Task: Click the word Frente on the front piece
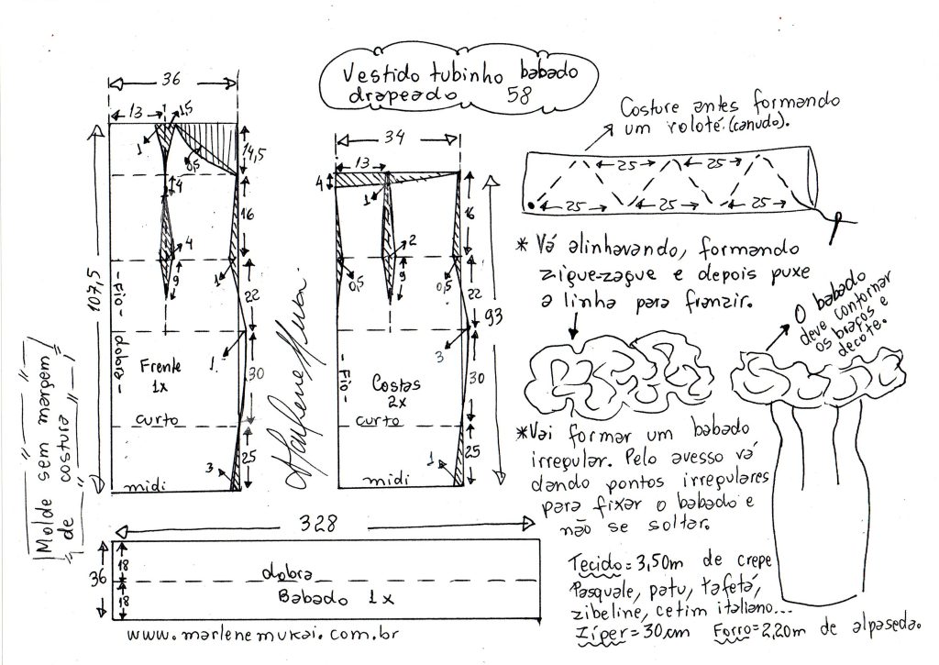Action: point(161,365)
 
